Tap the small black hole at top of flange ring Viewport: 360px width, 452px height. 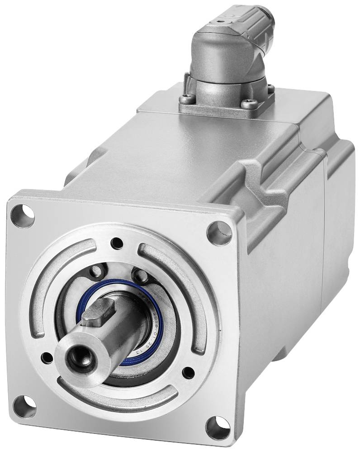[118, 243]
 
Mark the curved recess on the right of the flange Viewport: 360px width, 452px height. [185, 290]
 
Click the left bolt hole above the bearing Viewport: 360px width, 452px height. [95, 271]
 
